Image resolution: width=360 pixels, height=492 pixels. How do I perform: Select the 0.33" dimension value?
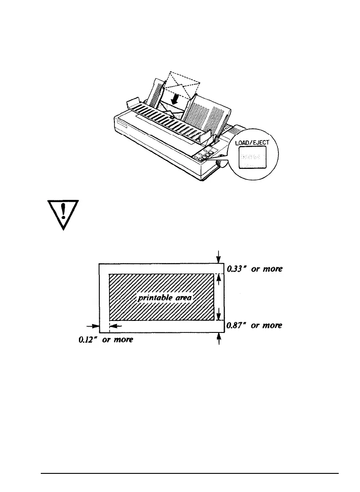[x=235, y=269]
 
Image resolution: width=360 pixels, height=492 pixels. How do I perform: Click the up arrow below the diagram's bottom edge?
[x=218, y=339]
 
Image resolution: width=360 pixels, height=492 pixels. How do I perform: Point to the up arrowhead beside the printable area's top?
[x=218, y=278]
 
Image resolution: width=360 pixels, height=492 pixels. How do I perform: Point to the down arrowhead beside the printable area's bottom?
[x=218, y=315]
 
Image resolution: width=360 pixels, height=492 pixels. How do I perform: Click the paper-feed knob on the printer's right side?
[x=219, y=164]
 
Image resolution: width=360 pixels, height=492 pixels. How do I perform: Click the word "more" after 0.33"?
[x=272, y=269]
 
